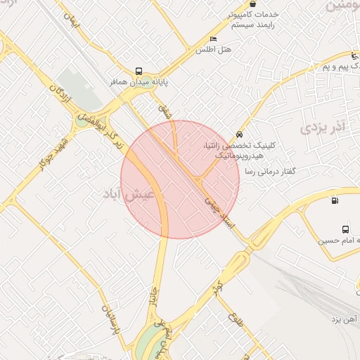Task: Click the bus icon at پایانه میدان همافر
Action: pos(139,71)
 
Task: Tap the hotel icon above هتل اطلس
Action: pos(213,39)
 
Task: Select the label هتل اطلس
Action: pos(214,50)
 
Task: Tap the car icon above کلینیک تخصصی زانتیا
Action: pos(240,134)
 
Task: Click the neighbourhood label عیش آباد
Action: pos(133,193)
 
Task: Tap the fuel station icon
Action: pos(333,200)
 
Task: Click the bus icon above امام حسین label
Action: pos(345,229)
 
